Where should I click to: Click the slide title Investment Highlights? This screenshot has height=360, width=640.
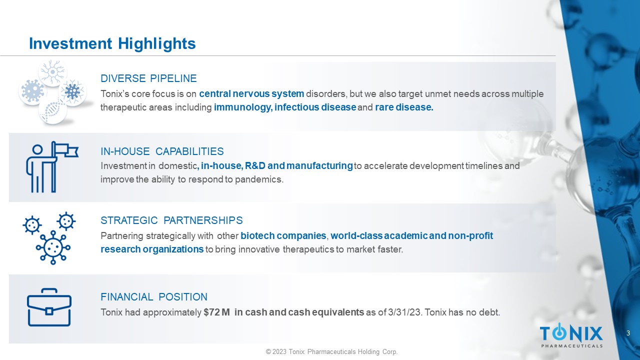click(x=112, y=43)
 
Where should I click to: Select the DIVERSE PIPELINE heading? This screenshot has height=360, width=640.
click(x=148, y=78)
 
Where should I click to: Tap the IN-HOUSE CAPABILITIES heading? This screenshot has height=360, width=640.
click(x=162, y=151)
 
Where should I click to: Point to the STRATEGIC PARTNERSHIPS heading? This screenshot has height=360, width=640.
click(x=171, y=220)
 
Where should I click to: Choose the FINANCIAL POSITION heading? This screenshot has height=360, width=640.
click(x=153, y=297)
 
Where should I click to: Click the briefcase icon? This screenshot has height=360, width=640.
click(x=49, y=307)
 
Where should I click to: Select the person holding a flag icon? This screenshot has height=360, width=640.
click(x=52, y=167)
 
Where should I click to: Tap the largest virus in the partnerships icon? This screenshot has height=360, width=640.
click(x=53, y=247)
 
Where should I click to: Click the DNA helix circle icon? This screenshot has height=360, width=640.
click(x=52, y=110)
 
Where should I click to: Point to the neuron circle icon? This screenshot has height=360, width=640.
click(x=52, y=72)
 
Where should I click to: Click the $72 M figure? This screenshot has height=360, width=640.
click(x=216, y=312)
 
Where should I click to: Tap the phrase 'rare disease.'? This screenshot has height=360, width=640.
click(x=404, y=107)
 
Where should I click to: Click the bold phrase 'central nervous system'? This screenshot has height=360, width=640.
click(x=251, y=93)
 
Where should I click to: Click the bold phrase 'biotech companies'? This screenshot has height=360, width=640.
click(x=283, y=235)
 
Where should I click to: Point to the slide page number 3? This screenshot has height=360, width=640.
click(x=628, y=333)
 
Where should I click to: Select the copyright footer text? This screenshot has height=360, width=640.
click(x=331, y=351)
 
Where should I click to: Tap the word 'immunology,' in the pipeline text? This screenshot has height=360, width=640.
click(x=243, y=107)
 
